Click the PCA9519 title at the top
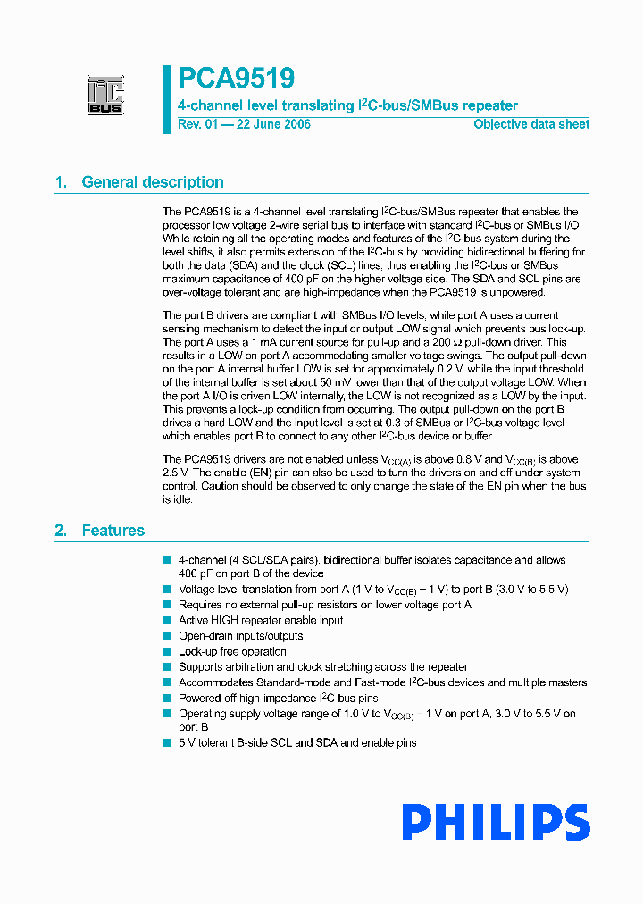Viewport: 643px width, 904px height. click(236, 79)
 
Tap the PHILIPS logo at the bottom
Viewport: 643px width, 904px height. click(495, 823)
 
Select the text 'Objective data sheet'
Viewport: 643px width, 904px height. click(531, 124)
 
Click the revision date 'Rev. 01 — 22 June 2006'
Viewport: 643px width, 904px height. click(244, 124)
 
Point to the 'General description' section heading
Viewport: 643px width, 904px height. click(153, 182)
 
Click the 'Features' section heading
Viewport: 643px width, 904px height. click(113, 531)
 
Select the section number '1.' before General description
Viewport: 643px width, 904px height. click(62, 182)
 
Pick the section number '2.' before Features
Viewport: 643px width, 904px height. click(62, 531)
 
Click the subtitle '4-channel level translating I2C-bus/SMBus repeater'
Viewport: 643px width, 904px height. click(347, 105)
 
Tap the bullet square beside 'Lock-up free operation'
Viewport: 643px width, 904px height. click(166, 651)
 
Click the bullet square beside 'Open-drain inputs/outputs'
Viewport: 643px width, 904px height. click(166, 636)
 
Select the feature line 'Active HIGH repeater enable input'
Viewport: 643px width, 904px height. click(261, 620)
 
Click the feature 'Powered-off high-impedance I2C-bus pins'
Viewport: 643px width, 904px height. click(278, 698)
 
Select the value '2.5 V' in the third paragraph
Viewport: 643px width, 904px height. click(176, 473)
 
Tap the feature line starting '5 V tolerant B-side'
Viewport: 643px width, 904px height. click(297, 742)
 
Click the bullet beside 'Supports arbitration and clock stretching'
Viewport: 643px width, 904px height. click(166, 666)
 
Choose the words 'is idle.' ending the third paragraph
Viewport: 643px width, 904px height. click(177, 499)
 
